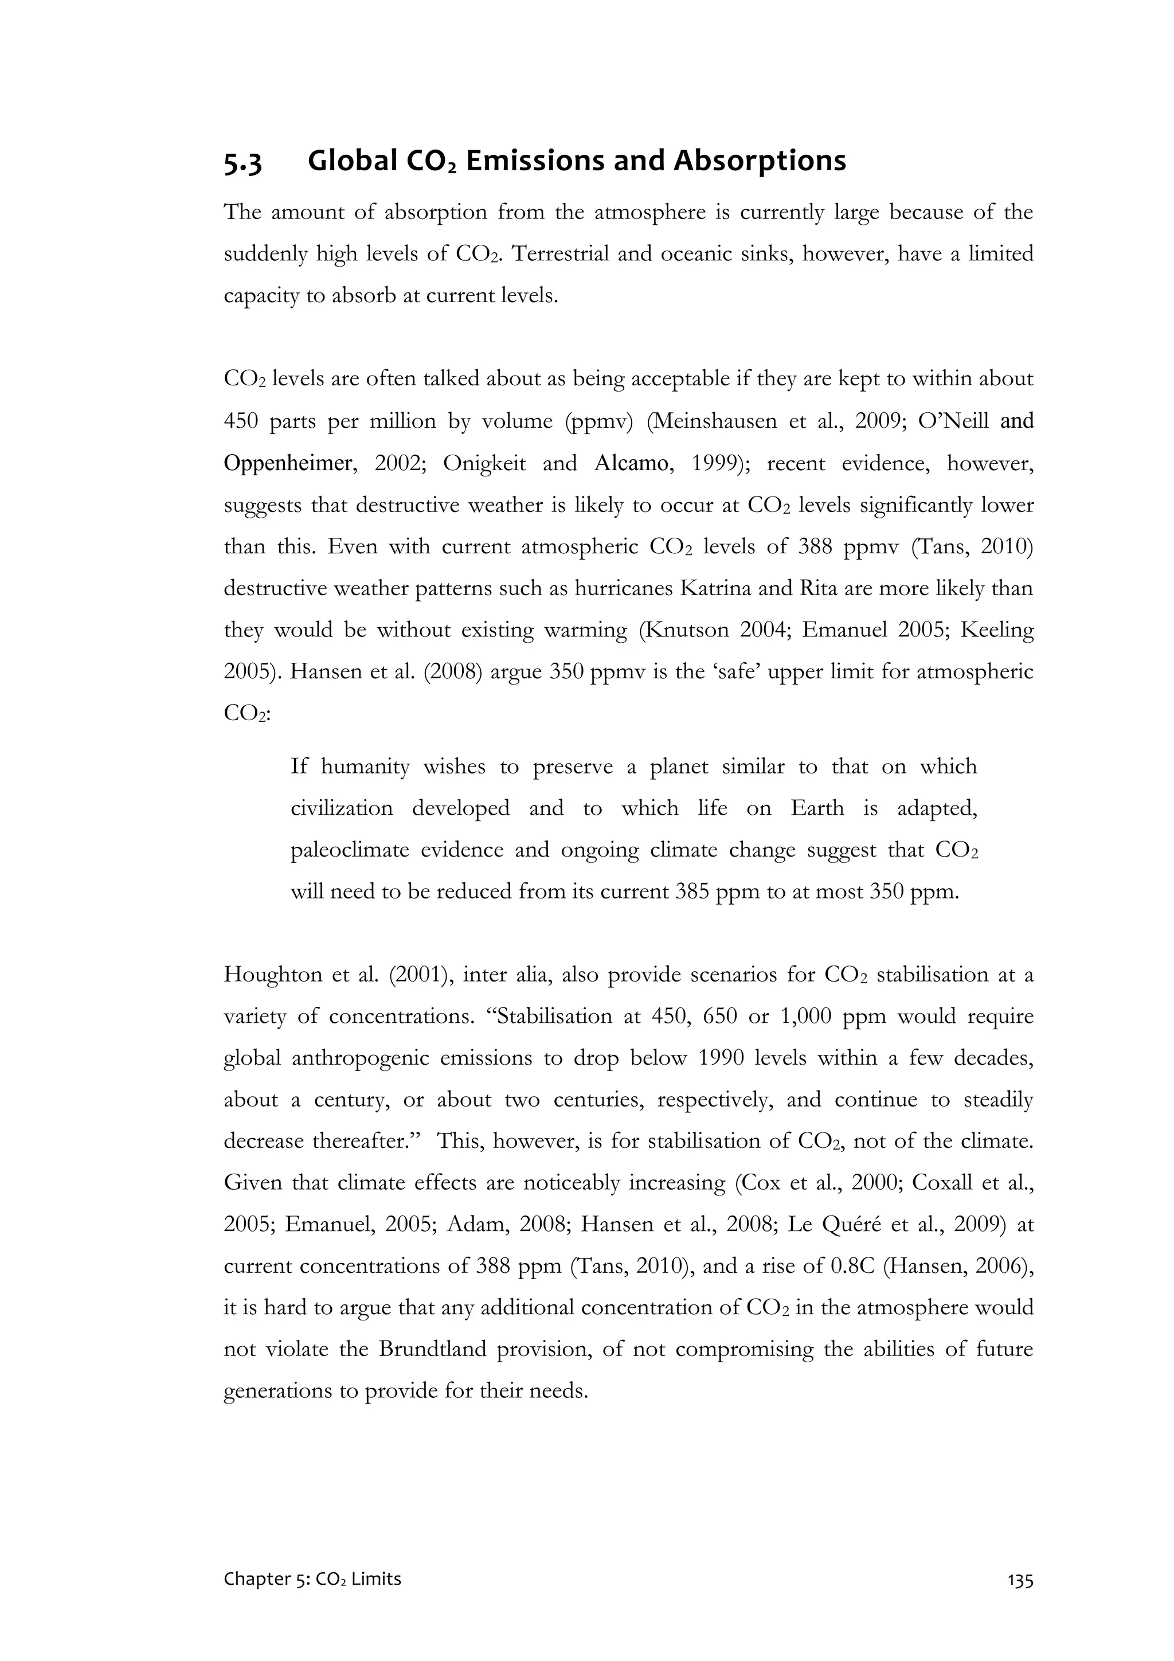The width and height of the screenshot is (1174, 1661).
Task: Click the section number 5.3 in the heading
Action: point(243,162)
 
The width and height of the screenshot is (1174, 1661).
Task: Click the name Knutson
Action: point(686,630)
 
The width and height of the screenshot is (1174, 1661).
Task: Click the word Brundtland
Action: point(433,1350)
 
